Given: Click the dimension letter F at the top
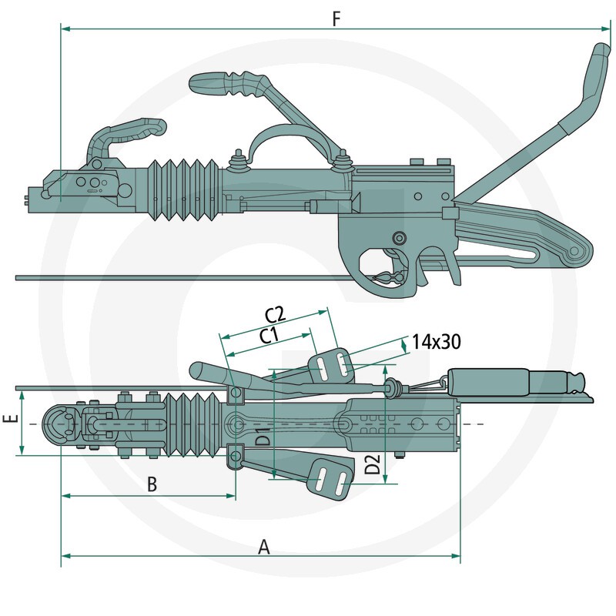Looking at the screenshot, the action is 336,18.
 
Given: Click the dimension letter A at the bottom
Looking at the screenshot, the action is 264,547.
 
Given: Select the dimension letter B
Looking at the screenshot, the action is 152,485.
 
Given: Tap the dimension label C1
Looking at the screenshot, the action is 269,336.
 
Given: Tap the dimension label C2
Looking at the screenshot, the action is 276,313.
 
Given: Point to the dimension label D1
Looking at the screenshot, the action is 263,436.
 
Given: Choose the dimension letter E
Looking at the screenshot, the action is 12,417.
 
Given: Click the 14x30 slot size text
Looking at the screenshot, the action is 437,342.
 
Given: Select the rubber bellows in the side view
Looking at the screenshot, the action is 183,189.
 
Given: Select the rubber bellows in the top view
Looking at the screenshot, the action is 192,424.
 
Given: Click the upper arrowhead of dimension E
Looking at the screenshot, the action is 22,395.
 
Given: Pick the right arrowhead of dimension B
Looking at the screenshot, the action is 231,496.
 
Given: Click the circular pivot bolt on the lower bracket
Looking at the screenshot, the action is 400,237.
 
